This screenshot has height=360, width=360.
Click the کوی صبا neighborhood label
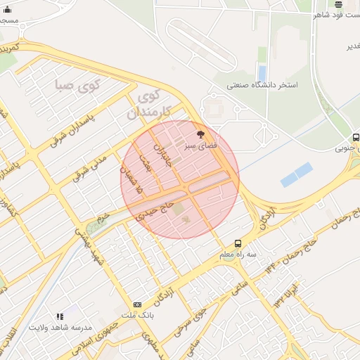[78, 86]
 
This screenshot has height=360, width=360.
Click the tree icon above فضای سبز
[201, 134]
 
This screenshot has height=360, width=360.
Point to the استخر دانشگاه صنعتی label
[262, 85]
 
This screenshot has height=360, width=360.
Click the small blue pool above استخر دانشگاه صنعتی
[262, 72]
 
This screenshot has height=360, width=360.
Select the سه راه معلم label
[236, 254]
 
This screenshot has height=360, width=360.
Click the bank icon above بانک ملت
[137, 304]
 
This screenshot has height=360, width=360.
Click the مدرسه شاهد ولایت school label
[60, 328]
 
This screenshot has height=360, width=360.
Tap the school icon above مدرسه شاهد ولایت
[60, 317]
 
